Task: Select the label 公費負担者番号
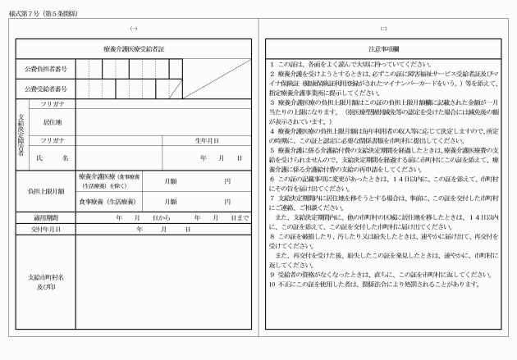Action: tap(45, 68)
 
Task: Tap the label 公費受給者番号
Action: tap(45, 89)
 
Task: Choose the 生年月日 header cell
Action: tap(204, 140)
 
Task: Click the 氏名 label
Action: tap(53, 157)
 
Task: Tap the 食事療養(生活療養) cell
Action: tap(108, 201)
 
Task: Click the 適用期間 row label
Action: tap(45, 217)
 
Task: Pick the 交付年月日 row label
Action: tap(45, 229)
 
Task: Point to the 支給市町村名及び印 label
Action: tap(45, 281)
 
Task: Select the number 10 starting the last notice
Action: tap(272, 285)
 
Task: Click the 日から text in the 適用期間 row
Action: tap(162, 217)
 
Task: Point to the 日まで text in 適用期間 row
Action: tap(239, 217)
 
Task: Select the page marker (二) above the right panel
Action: tap(383, 29)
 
